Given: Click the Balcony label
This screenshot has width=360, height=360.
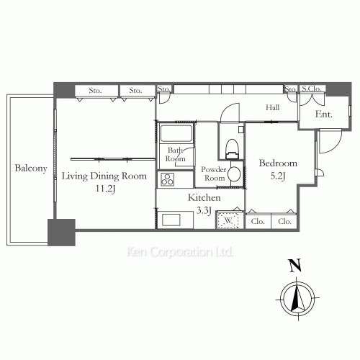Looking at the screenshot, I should point(30,169).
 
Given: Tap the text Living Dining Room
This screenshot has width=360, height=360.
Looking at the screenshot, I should point(104,176).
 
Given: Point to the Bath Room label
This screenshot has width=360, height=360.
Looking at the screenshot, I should point(176,155).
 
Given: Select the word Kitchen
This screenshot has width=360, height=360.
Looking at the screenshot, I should point(204,197).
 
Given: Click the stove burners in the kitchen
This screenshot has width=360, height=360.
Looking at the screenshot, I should point(167,179).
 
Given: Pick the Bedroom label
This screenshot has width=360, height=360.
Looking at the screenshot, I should point(277,163).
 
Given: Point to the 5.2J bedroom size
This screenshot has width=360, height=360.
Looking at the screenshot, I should point(277,176).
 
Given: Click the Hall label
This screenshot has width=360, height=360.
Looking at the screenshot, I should point(272,107).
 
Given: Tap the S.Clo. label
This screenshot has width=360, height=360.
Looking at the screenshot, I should point(313,89).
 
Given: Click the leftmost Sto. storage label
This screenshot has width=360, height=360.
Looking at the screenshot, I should point(94,91).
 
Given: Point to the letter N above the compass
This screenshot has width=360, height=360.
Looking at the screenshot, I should point(296,265).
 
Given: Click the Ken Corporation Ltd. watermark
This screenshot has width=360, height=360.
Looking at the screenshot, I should point(179,253).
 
